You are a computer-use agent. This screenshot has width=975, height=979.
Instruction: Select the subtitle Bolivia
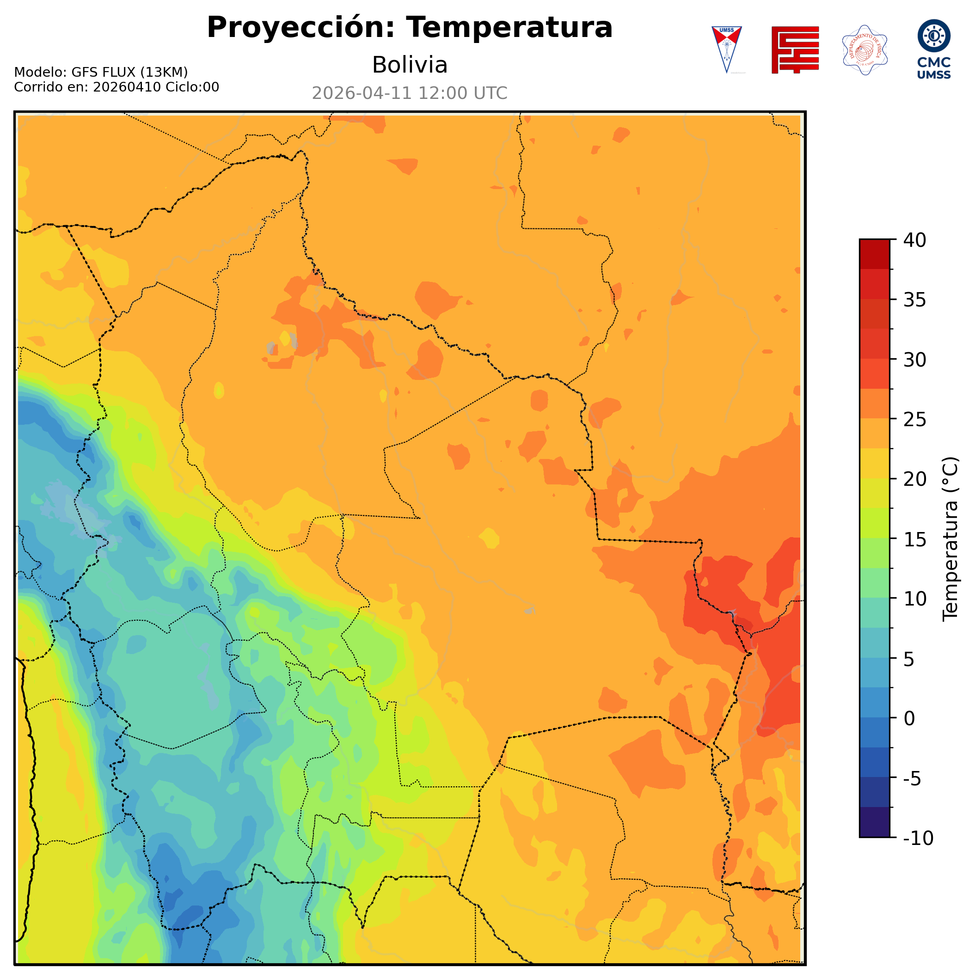coord(410,65)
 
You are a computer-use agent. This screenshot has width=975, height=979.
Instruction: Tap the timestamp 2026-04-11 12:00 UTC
coord(410,93)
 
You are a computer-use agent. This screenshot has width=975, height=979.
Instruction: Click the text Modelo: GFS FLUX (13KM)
coord(101,72)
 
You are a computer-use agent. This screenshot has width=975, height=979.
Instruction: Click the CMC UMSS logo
coord(933,49)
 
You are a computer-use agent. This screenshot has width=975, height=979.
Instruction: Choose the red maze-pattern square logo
coord(795,49)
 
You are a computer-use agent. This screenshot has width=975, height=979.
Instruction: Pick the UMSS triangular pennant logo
coord(727,49)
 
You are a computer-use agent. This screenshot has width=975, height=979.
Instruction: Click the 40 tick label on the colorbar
coord(915,240)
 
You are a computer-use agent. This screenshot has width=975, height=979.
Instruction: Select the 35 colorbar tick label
coord(915,300)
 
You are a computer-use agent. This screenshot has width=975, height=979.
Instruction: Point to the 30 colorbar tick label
coord(915,360)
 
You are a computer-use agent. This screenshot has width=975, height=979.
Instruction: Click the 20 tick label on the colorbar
coord(915,479)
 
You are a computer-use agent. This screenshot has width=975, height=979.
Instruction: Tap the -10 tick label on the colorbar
coord(918,838)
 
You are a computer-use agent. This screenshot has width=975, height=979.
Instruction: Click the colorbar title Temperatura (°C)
coord(950,538)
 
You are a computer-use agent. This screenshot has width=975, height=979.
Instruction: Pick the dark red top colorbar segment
coord(874,254)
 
